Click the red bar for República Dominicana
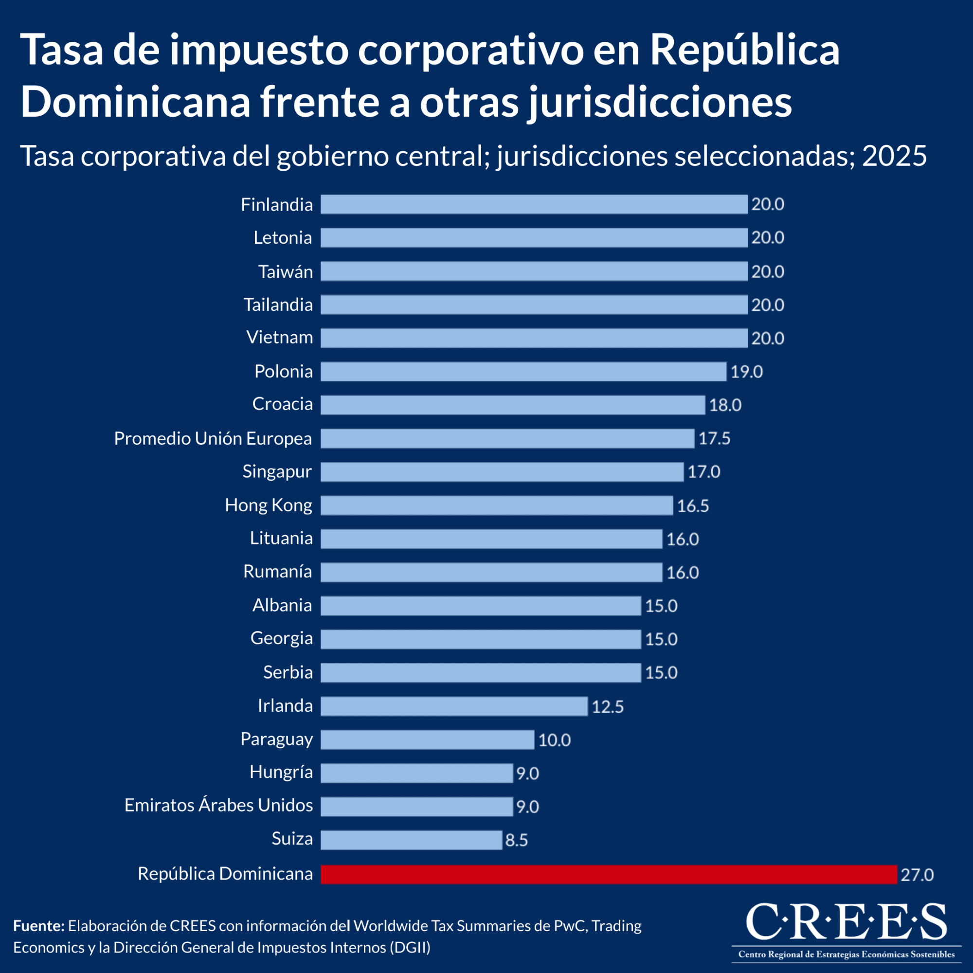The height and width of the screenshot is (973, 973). [609, 874]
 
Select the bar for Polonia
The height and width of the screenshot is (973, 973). [523, 372]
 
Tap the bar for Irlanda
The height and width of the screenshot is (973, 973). [454, 706]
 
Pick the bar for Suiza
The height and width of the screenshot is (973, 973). [411, 840]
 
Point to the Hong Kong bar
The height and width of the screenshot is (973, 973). [497, 505]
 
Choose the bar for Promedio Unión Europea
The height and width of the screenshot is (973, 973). [507, 438]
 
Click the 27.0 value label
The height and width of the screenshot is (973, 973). [917, 875]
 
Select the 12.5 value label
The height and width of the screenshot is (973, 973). [607, 707]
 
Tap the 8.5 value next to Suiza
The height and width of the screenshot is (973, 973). [516, 841]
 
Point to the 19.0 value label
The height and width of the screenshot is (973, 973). [746, 372]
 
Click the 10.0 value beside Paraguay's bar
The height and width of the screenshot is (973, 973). [555, 740]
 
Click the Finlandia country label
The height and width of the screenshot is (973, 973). [276, 204]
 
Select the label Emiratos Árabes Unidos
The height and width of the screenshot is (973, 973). [218, 805]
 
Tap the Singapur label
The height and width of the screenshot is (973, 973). [277, 471]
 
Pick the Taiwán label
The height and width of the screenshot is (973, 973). [286, 272]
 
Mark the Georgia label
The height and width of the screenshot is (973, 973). [282, 638]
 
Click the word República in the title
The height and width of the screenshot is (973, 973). [745, 51]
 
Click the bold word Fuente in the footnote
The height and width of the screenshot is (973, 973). [38, 926]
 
